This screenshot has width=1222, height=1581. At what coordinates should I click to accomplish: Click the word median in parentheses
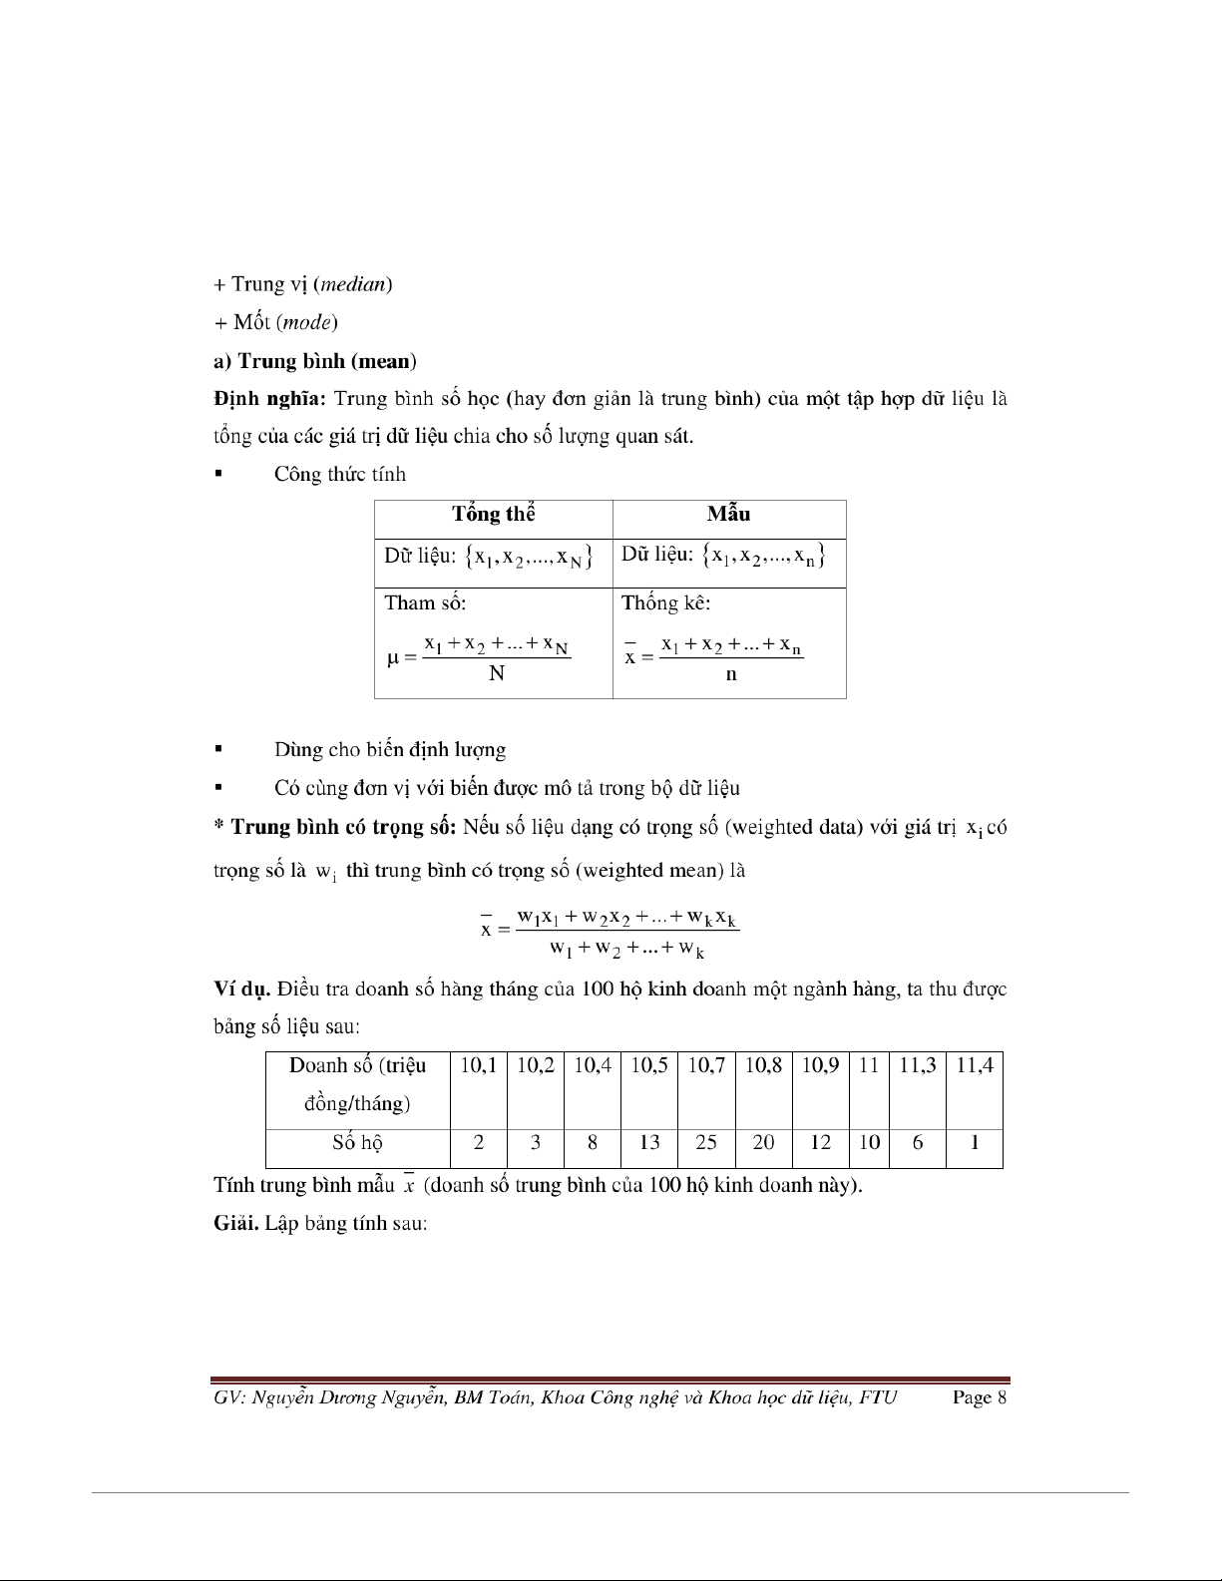coord(352,284)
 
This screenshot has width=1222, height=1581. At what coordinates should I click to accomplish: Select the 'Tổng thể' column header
coord(493,515)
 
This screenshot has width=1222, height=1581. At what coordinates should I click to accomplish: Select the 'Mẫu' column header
coord(728,515)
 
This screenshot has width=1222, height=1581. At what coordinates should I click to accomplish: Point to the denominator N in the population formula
coord(497,674)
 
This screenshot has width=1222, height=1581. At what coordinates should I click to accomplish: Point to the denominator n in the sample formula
coord(731,674)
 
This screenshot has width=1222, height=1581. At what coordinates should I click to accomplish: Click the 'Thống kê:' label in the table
coord(665,603)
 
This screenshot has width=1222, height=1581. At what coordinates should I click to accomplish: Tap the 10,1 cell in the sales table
coord(479,1065)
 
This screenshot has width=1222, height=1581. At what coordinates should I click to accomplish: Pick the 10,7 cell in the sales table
coord(706,1065)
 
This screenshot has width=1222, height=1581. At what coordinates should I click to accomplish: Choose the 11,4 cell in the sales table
coord(974,1065)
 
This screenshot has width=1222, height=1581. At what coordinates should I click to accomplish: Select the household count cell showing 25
coord(706,1143)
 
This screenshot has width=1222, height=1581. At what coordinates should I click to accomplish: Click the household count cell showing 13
coord(649,1143)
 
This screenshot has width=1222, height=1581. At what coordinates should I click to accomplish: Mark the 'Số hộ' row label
coord(357,1143)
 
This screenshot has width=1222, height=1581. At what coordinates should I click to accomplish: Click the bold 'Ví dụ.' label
coord(242,989)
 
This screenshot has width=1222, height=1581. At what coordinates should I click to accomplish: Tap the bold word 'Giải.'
coord(235,1223)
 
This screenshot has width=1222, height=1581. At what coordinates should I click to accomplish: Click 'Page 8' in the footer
coord(980,1397)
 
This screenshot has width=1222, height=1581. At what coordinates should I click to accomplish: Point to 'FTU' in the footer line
coord(878,1397)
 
